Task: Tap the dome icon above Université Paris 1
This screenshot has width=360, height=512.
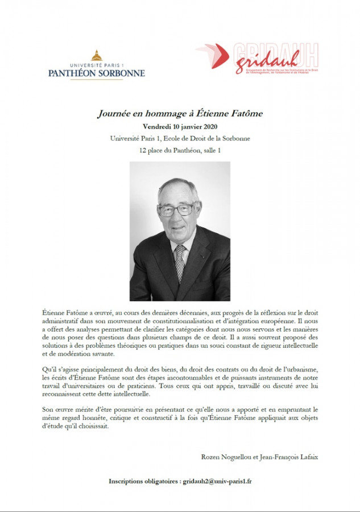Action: [x=96, y=55]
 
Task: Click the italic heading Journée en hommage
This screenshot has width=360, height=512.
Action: [x=180, y=114]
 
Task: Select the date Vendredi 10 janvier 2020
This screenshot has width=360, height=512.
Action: [x=180, y=126]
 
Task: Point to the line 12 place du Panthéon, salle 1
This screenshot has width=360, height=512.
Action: [x=180, y=150]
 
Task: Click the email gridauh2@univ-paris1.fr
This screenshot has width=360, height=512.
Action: [x=217, y=481]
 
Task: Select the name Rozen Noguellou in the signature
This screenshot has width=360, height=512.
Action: [x=226, y=457]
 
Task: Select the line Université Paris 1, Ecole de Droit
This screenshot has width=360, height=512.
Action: [x=180, y=138]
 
